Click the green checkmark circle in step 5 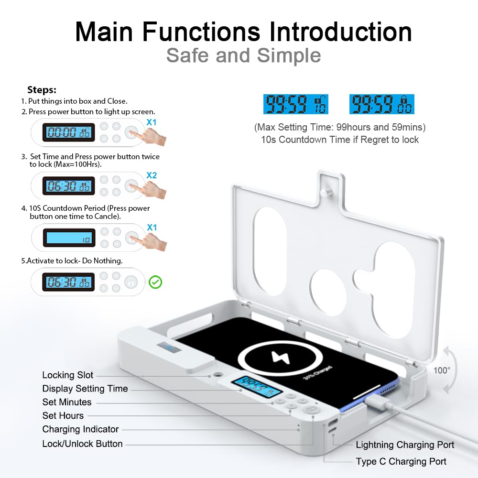point(155,282)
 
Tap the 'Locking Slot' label point(68,375)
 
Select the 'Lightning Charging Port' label point(405,445)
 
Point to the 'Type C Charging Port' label point(401,461)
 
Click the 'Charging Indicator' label point(80,429)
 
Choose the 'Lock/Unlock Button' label point(82,444)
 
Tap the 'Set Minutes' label point(67,402)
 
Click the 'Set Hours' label point(63,415)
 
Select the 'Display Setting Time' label point(85,389)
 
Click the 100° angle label point(442,370)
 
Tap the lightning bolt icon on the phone point(278,357)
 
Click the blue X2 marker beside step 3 point(152,175)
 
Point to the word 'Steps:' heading point(42,90)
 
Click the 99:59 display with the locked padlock point(381,104)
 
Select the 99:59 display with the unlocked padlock point(296,104)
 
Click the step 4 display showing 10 point(68,238)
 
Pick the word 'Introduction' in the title point(341,32)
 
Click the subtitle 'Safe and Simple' point(243,55)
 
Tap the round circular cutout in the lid point(328,292)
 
